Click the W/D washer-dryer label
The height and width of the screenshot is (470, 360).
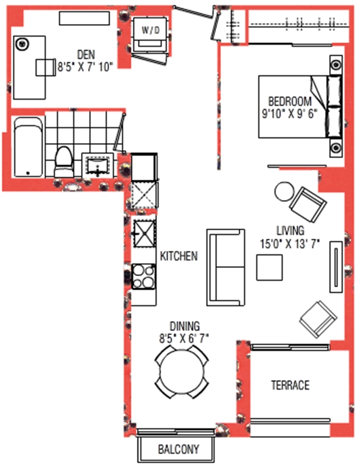point(150,30)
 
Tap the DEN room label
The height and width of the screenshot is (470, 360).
point(86,54)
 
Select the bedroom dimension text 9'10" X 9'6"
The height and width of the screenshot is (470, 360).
point(290,114)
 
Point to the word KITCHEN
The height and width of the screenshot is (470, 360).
point(179,256)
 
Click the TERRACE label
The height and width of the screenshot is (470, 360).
point(290,385)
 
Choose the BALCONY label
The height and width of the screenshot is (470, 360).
point(179,449)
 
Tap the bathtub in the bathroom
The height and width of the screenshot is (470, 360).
point(28,147)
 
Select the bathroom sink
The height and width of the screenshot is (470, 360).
point(98,166)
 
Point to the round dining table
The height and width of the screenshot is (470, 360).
point(182,372)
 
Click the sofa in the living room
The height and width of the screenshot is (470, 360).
point(226,268)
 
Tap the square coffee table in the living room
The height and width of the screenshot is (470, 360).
point(270,268)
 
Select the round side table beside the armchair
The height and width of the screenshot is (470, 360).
point(285,192)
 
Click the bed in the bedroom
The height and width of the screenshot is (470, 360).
point(300,107)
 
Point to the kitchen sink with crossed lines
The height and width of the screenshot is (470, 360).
point(145,234)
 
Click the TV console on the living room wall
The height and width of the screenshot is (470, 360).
point(336,266)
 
